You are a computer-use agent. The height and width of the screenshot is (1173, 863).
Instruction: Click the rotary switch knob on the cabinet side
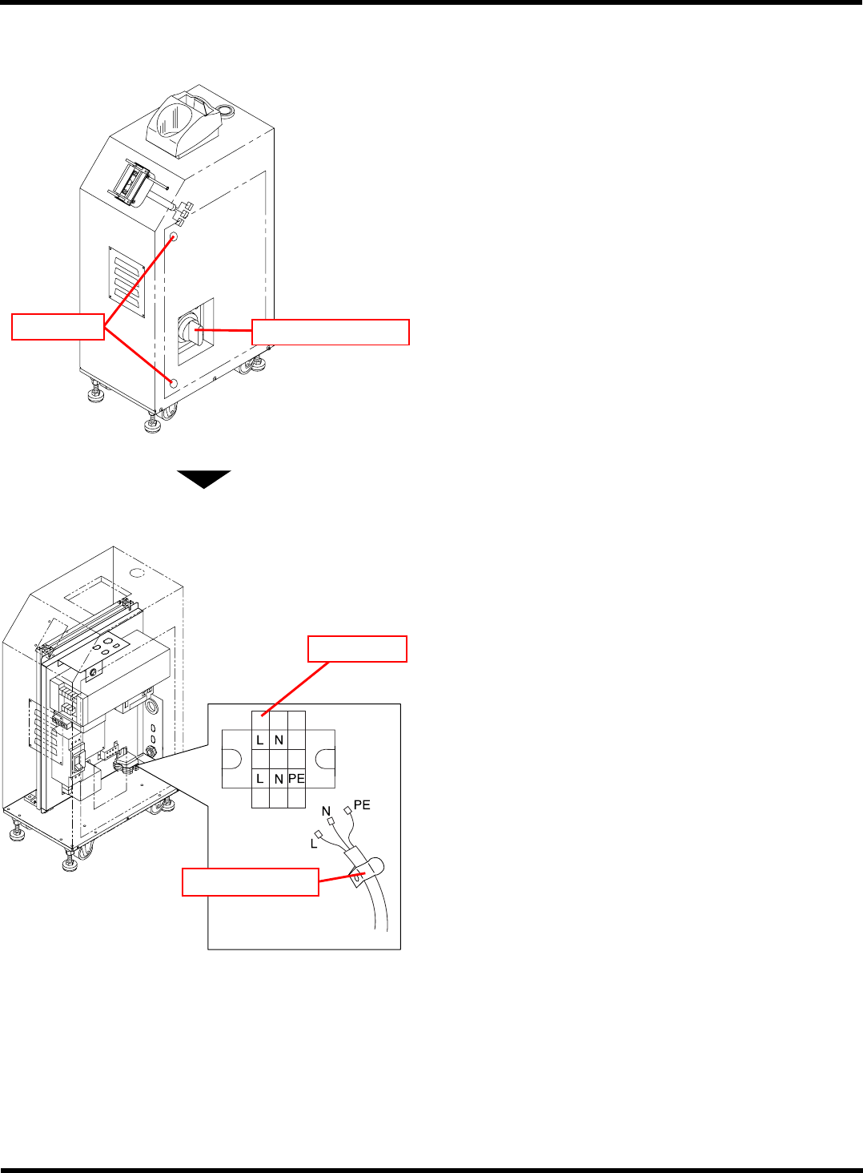pos(191,329)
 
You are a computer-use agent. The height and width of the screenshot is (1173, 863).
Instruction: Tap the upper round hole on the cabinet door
pos(173,237)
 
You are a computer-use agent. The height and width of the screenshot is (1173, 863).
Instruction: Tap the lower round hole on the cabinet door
pos(172,382)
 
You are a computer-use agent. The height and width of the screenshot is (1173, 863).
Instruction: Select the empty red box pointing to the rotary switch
pos(331,332)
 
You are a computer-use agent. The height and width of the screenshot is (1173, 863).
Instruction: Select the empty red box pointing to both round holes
pos(58,327)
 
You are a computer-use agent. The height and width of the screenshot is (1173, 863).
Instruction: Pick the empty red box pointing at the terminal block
pos(358,649)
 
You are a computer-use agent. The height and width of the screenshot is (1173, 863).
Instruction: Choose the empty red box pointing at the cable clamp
pos(251,881)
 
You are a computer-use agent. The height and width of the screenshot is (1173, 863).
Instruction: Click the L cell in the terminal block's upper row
pos(260,740)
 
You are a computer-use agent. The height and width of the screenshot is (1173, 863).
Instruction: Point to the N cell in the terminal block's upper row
pos(279,740)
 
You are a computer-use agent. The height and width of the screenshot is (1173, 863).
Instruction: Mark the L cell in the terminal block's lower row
pos(260,778)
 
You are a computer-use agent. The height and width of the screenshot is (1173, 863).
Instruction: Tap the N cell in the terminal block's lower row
pos(279,778)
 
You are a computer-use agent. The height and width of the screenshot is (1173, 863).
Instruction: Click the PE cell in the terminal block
pos(296,778)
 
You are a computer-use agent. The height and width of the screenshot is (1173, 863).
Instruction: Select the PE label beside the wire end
pos(362,804)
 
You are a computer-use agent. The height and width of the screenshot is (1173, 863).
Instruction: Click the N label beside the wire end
pos(326,811)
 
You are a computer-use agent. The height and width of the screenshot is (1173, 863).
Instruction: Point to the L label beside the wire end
pos(314,844)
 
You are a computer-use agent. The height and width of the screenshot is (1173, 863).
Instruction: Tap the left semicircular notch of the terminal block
pos(231,759)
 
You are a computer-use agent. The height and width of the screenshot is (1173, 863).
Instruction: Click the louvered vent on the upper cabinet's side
pos(126,283)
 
